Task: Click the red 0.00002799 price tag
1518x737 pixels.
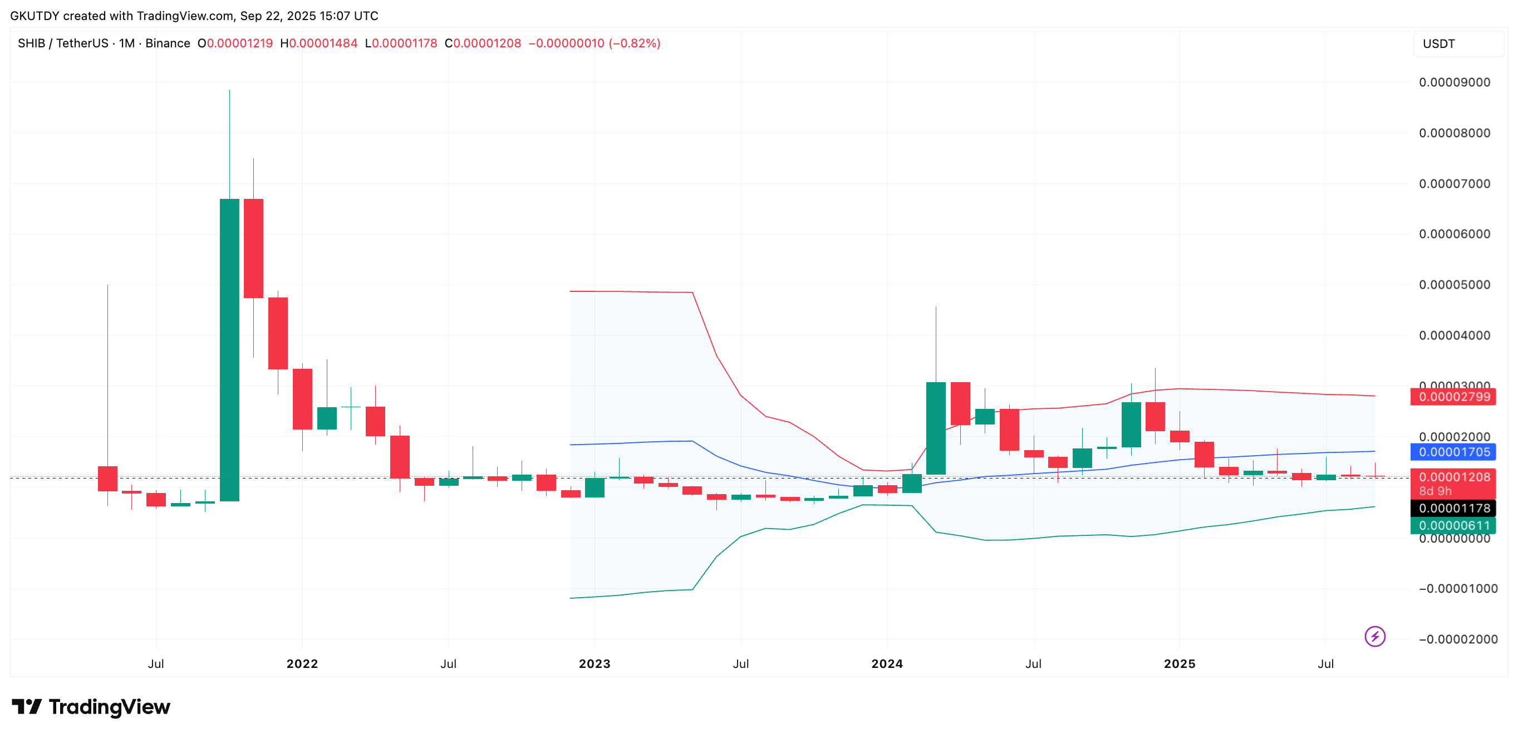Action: [1454, 397]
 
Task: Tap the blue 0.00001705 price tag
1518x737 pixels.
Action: [1454, 452]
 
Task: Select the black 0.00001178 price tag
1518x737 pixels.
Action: [1454, 508]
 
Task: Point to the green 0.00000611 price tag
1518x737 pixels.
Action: [1454, 525]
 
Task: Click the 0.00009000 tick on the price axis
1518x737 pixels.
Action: [1454, 82]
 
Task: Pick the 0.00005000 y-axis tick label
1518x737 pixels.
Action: [1454, 285]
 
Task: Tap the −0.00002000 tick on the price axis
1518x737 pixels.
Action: [1458, 639]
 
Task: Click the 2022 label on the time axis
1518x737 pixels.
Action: [302, 664]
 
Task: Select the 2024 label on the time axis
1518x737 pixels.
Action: [887, 664]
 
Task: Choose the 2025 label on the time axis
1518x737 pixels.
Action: [1179, 664]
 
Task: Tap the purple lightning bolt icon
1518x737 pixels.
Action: [1375, 636]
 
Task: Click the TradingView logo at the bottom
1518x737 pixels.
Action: [91, 706]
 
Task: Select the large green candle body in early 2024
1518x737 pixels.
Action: [935, 428]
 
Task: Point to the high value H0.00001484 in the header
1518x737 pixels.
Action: [319, 43]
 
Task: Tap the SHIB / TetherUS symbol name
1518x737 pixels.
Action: [63, 43]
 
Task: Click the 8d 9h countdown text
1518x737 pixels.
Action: [1436, 491]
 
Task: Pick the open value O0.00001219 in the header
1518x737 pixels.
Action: [235, 43]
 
